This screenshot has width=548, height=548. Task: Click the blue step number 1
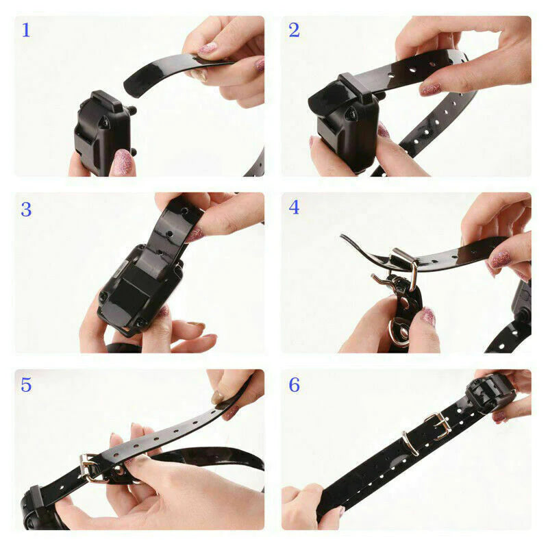[26, 30]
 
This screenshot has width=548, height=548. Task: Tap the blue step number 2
[294, 30]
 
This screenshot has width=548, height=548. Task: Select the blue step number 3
[26, 210]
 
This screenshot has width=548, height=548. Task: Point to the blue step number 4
[294, 208]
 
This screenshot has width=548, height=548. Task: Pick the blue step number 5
[26, 385]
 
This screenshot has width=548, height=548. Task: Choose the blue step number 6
[294, 385]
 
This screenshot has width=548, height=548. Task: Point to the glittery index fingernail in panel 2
[431, 89]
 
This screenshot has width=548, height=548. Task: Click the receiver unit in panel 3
[141, 288]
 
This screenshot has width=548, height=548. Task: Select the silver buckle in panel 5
[89, 468]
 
